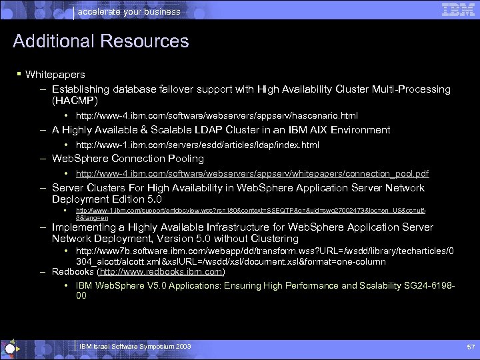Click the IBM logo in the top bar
pos(457,9)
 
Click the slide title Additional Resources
pos(101,41)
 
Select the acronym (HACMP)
pos(75,101)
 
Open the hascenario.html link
pos(217,116)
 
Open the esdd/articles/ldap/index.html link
pos(197,145)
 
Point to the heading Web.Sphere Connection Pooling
pos(127,159)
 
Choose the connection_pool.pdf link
pos(252,174)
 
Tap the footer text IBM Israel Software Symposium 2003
pos(135,347)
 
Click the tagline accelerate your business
pos(129,11)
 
